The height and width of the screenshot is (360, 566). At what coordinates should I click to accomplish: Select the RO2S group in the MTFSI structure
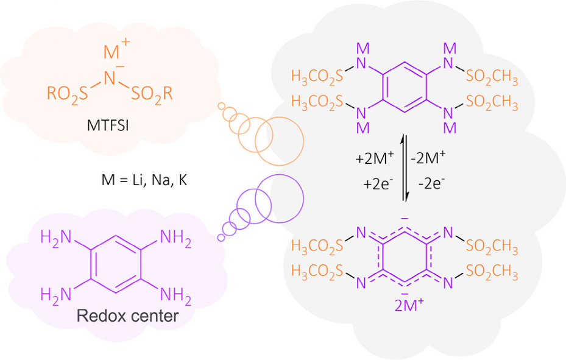coord(69,94)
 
